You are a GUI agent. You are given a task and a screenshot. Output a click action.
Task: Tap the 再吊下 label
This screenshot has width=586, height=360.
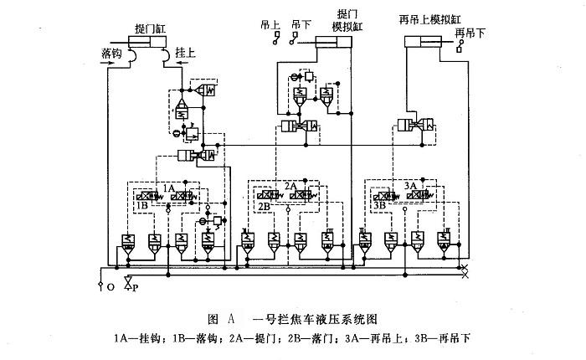pos(469,33)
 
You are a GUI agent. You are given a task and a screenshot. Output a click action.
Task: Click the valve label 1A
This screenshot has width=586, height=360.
pos(169,188)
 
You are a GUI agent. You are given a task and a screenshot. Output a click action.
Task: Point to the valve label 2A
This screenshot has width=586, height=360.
pos(291,185)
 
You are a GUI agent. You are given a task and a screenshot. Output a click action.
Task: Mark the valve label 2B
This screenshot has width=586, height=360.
pos(265,205)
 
